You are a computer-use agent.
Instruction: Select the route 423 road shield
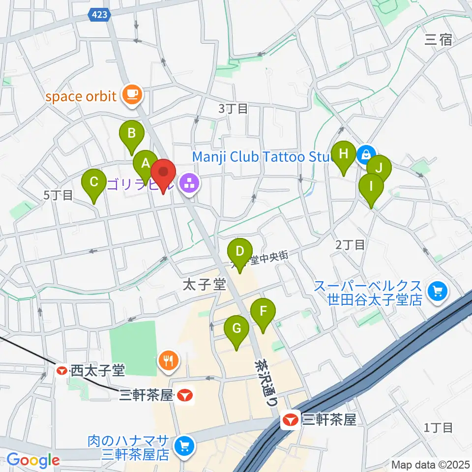pyautogui.click(x=100, y=15)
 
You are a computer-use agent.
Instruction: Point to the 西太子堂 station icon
pyautogui.click(x=62, y=371)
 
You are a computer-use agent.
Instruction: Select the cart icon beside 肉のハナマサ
pyautogui.click(x=184, y=446)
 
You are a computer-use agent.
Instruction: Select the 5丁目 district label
pyautogui.click(x=58, y=195)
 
